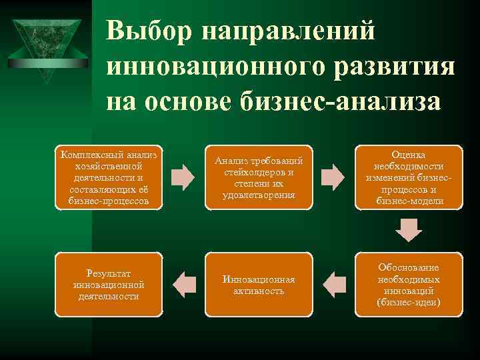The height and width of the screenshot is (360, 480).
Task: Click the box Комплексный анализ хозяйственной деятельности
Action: click(109, 177)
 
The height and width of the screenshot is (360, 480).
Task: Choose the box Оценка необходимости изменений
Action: click(409, 177)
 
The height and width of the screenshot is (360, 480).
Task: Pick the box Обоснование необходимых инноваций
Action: click(409, 285)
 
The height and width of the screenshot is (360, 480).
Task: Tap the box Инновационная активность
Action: click(259, 285)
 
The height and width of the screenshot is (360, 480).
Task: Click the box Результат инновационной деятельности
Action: click(109, 285)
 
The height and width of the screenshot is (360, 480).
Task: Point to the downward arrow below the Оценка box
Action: click(409, 231)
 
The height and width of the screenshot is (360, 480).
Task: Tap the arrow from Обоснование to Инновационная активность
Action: click(333, 285)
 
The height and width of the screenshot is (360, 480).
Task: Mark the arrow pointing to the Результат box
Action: click(183, 285)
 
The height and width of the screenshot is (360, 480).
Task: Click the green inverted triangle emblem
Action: click(47, 43)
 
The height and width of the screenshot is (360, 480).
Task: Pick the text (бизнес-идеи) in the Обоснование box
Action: click(409, 302)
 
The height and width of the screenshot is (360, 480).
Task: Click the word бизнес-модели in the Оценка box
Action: click(409, 201)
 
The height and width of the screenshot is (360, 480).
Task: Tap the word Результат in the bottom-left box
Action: click(109, 273)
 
